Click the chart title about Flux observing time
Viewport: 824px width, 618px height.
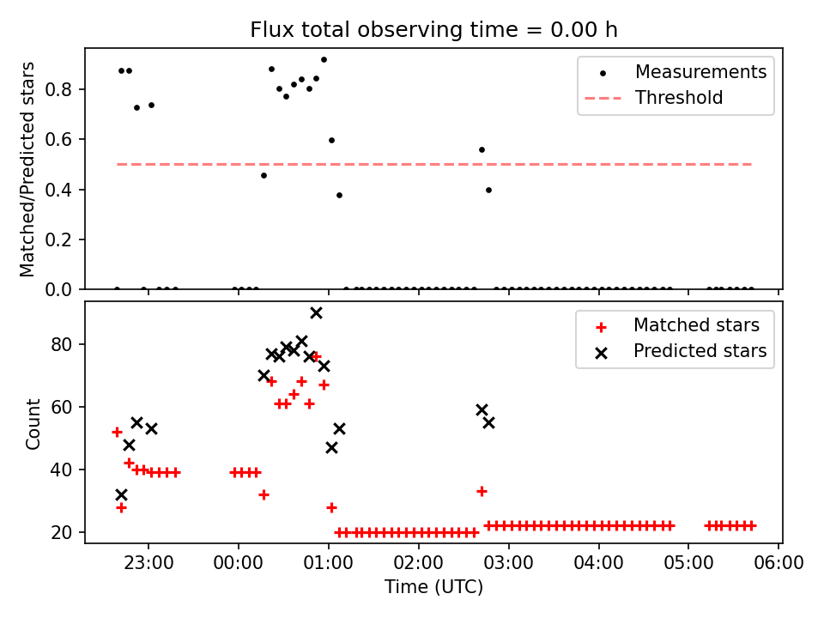433,30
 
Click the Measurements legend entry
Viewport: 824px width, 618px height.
700,72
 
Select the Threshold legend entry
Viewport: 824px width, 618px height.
679,98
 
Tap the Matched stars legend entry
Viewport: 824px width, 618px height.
696,325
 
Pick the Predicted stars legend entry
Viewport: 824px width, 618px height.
700,351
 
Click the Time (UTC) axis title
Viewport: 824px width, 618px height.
433,587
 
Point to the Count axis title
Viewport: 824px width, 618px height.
33,423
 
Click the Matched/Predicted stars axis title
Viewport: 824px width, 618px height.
28,169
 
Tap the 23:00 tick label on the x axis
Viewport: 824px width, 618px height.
148,564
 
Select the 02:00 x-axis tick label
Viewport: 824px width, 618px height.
418,564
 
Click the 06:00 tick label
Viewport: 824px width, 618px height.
779,564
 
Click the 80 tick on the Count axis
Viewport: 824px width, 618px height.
68,344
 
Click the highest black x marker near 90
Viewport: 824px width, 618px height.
316,312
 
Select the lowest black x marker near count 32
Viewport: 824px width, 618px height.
121,494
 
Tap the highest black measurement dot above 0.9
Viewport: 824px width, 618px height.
324,59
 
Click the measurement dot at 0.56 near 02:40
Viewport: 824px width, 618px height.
482,149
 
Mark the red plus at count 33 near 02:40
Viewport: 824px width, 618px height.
482,491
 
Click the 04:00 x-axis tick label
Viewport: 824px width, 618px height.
598,564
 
